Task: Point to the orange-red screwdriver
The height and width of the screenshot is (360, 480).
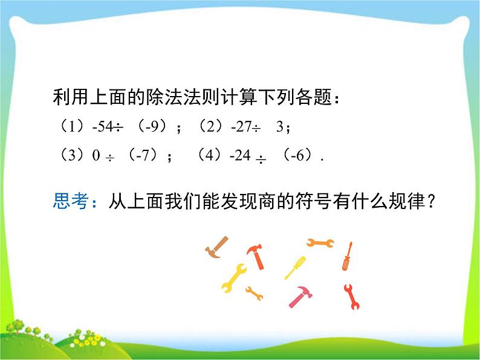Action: [x=347, y=256]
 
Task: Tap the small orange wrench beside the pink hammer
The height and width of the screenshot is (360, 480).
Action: [x=254, y=294]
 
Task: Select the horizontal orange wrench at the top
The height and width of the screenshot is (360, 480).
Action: [x=320, y=243]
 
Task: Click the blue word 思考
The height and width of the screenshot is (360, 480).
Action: [x=71, y=201]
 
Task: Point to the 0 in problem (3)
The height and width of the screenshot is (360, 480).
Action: [x=96, y=156]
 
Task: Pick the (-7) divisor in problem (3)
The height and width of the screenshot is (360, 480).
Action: [x=140, y=156]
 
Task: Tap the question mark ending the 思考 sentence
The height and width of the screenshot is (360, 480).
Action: [x=430, y=201]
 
